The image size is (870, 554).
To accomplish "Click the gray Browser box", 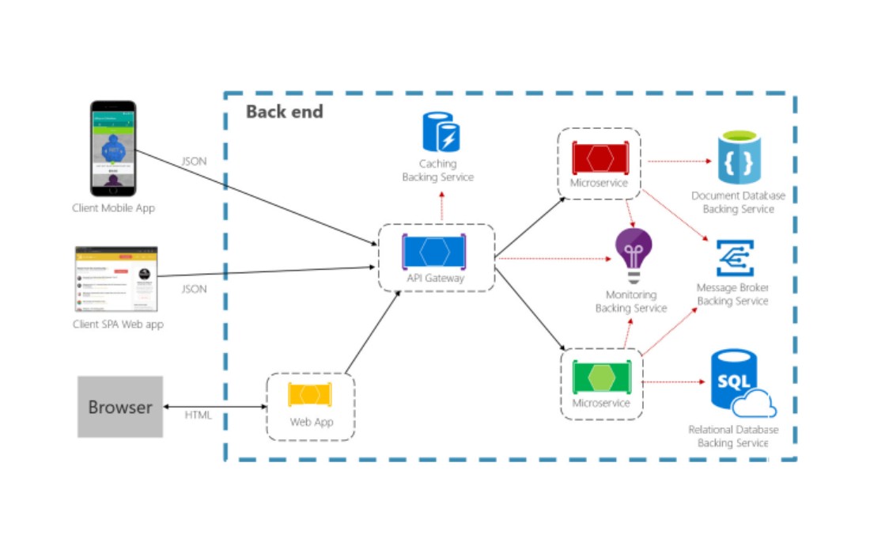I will pos(120,407).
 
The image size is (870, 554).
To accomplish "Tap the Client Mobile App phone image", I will pos(113,148).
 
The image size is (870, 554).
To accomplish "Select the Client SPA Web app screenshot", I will pos(116,279).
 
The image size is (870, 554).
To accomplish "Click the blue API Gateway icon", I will pos(434,252).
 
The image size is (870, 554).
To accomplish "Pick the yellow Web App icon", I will pos(310,394).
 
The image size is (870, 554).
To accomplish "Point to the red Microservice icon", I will pos(600,157).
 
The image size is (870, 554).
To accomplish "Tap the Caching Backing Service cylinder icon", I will pos(441,132).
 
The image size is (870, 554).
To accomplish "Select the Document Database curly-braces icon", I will pos(739,159).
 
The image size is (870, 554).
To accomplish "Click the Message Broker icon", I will pos(735,258).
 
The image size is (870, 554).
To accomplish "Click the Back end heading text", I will pos(285,112).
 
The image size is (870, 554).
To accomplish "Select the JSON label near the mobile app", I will pos(194,161).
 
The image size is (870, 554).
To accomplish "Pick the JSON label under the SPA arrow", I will pos(194,289).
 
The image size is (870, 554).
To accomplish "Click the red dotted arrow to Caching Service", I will pos(441,207).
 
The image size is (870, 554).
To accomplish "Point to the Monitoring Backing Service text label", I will pos(631,302).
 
